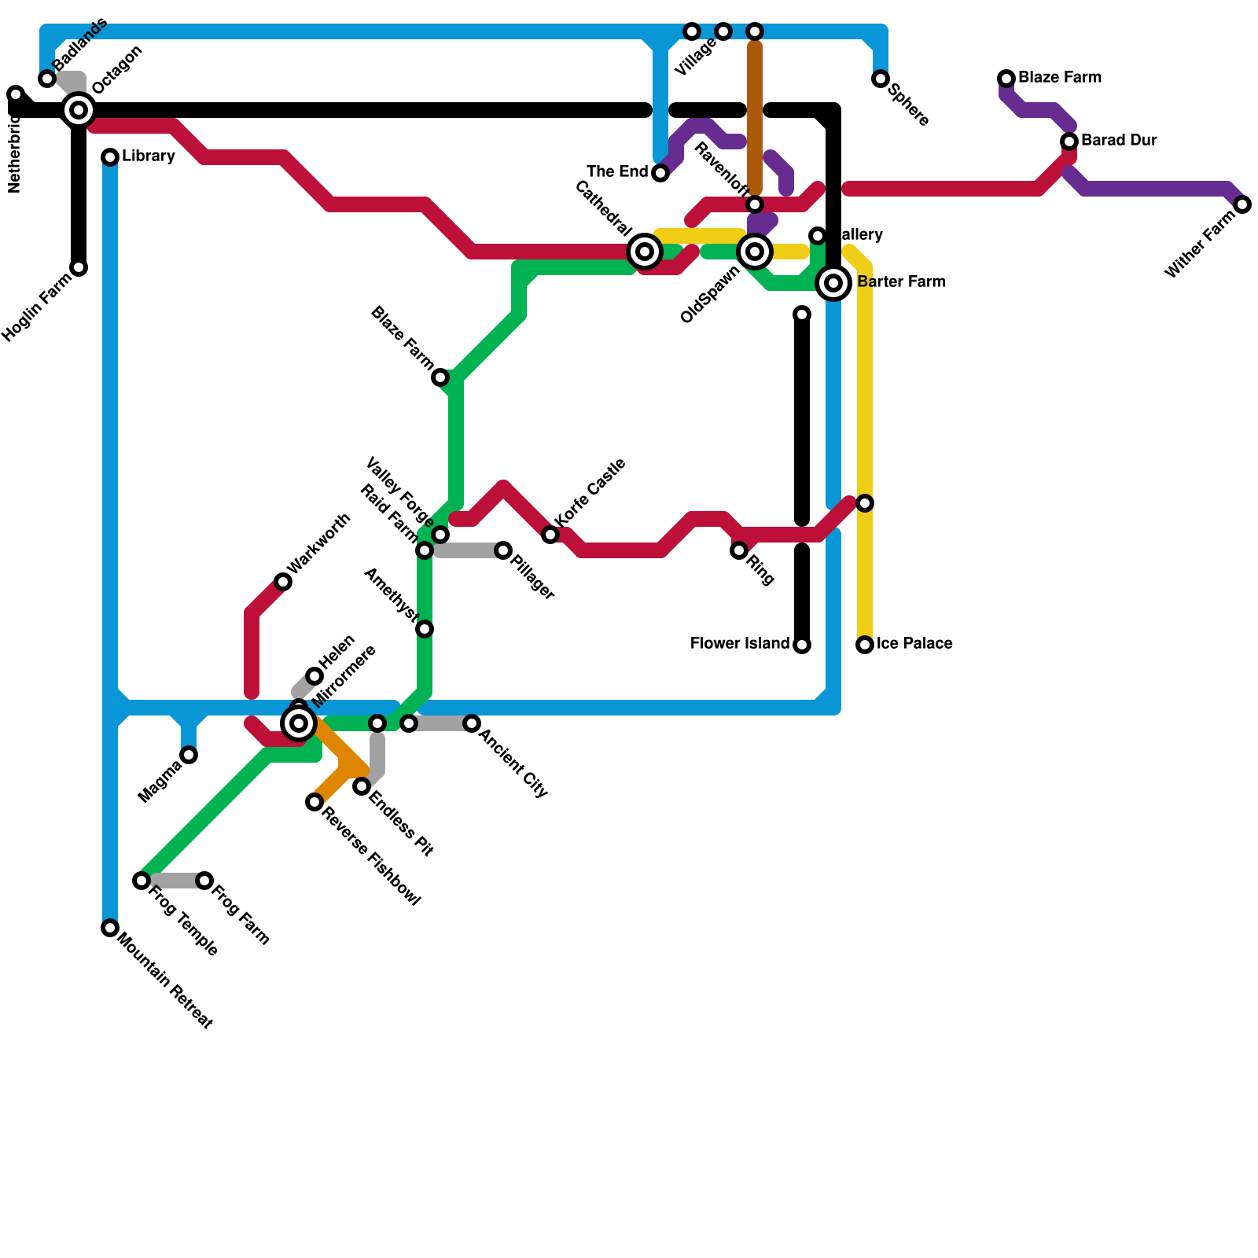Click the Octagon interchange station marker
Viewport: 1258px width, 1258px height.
[79, 110]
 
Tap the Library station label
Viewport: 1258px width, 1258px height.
[148, 156]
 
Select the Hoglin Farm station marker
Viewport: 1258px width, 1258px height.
[79, 267]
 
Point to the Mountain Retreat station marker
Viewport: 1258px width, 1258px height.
[110, 928]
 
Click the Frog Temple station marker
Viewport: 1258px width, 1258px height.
[142, 881]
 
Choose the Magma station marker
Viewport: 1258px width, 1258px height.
[189, 755]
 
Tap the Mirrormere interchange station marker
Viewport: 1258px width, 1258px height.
[299, 723]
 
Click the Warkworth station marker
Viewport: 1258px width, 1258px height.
[283, 582]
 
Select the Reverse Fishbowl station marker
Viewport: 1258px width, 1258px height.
[314, 802]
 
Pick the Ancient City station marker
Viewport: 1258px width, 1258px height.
[472, 723]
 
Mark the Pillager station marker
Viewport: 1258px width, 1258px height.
[503, 550]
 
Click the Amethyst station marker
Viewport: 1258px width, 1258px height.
[425, 629]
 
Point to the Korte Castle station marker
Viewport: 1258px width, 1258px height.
[550, 535]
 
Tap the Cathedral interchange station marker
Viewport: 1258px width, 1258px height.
[645, 252]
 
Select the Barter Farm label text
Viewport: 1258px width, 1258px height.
[901, 282]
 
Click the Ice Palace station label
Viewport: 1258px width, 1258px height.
[914, 644]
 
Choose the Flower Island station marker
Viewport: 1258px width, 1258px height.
[802, 645]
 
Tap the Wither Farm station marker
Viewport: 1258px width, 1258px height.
[1242, 204]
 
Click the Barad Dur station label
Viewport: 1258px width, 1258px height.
[1119, 141]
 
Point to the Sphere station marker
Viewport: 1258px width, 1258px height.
[881, 79]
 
